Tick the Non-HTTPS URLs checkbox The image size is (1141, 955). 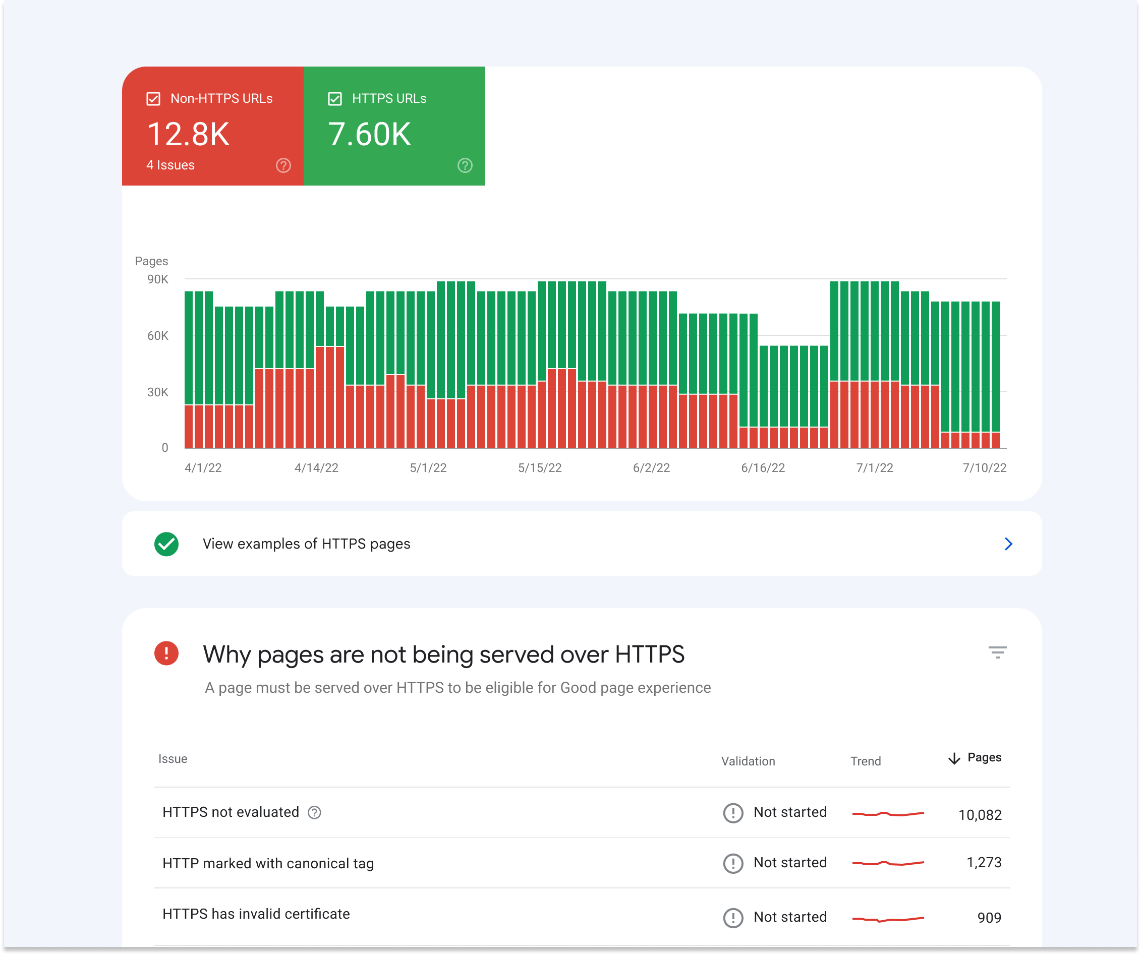[x=153, y=99]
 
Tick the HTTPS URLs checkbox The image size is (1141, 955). [x=335, y=99]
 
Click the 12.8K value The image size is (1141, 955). [x=188, y=134]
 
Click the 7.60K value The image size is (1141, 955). [x=369, y=134]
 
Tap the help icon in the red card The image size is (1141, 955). [x=283, y=165]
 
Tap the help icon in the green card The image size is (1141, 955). [x=465, y=165]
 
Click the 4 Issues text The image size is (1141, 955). [x=170, y=165]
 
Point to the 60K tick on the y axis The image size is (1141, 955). [x=157, y=336]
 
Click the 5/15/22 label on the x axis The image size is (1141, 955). [x=540, y=468]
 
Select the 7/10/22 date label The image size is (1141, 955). [x=984, y=468]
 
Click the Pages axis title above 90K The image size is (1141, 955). [x=151, y=261]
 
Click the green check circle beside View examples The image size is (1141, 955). [x=166, y=544]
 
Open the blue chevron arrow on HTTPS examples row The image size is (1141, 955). [x=1008, y=544]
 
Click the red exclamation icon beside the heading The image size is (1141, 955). [x=166, y=653]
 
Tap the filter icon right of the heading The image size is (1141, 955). [x=997, y=652]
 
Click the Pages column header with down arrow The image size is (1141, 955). [x=975, y=758]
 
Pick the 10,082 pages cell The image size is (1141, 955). [x=979, y=815]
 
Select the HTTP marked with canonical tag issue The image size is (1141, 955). [x=268, y=863]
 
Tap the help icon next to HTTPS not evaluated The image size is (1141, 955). [x=314, y=812]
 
